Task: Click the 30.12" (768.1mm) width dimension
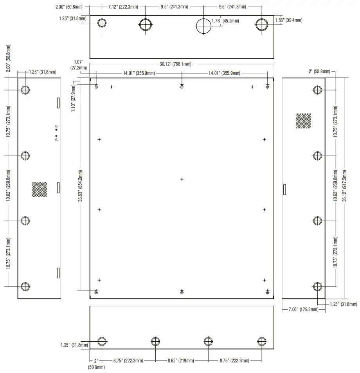click(175, 64)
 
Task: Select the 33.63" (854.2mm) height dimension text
click(81, 186)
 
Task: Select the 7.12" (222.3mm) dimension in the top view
click(123, 7)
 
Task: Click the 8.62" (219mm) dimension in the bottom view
click(181, 360)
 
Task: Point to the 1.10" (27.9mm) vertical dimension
click(73, 99)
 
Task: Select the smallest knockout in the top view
click(102, 23)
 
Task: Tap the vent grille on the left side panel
click(40, 189)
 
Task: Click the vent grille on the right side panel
click(303, 121)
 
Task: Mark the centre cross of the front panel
click(182, 179)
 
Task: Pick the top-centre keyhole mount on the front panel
click(182, 86)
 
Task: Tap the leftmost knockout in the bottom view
click(102, 341)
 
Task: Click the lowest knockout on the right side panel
click(317, 287)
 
